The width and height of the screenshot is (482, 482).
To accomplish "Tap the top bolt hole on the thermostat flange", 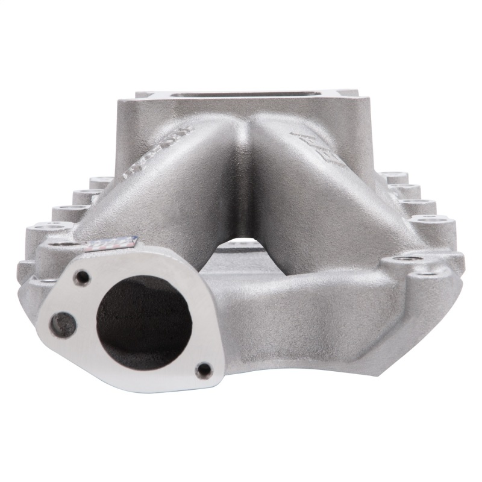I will point(82,277).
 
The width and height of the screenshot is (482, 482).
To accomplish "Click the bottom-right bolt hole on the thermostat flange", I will point(204,369).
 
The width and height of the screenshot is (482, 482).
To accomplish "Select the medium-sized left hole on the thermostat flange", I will point(63,325).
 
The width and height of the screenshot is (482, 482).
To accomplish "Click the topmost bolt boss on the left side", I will point(101,181).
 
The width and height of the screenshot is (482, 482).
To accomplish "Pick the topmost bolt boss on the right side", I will point(392,177).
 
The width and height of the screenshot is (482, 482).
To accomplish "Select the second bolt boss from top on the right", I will point(404,192).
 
